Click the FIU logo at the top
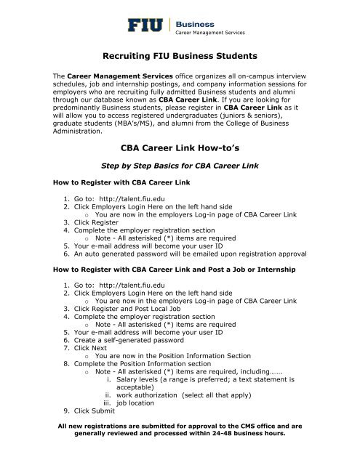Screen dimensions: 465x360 [148, 26]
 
